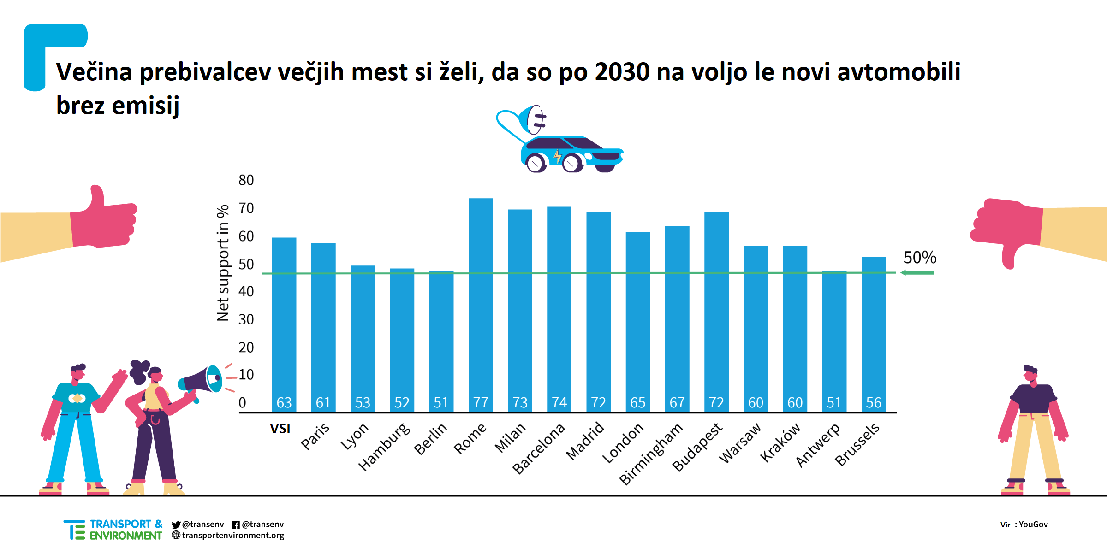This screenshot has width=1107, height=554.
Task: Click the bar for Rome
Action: (481, 304)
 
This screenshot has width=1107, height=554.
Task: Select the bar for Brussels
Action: (874, 332)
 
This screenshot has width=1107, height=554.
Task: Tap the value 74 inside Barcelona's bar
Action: (559, 403)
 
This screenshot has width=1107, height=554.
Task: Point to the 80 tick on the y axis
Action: (246, 180)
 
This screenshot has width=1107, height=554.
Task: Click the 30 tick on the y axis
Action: (246, 319)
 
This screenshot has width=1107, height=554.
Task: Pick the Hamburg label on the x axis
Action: (384, 447)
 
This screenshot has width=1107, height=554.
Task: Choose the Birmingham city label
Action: (650, 454)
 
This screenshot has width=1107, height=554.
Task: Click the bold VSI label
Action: (280, 429)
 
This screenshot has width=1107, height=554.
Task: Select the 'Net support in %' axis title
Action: (223, 263)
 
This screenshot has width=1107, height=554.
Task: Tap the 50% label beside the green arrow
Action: (920, 257)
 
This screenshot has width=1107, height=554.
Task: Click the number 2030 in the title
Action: (622, 72)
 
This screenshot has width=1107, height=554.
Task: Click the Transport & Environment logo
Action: (113, 530)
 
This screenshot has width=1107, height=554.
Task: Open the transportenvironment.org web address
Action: (232, 535)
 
